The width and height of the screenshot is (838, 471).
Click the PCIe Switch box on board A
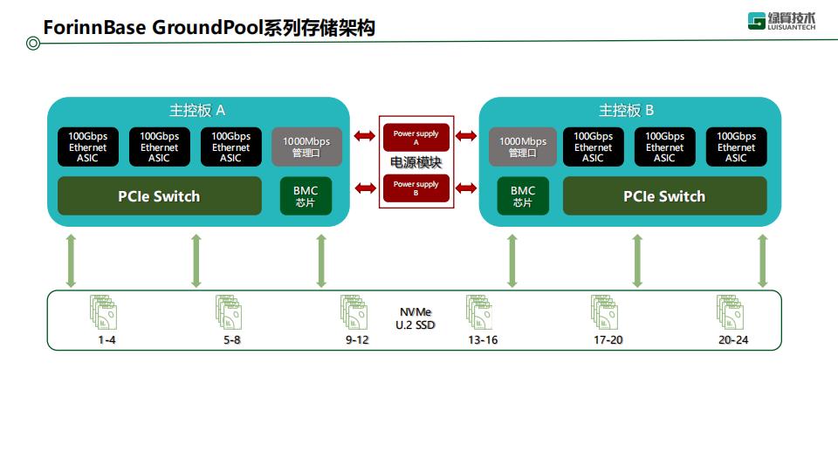(159, 196)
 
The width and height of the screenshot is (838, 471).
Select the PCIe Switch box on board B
(664, 196)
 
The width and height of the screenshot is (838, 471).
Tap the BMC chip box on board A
(306, 196)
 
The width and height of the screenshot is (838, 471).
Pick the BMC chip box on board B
(523, 196)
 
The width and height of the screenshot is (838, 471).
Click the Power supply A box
(416, 137)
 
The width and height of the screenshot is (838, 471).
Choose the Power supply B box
(416, 188)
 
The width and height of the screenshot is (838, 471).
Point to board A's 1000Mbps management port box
(306, 147)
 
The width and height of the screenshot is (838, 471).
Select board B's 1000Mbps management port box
(523, 147)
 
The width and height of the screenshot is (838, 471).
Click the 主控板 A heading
(197, 111)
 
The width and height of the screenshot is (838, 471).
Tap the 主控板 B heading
(626, 111)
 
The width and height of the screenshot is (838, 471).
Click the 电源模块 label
(416, 162)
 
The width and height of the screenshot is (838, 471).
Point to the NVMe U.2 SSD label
(416, 318)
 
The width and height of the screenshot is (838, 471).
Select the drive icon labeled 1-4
(105, 312)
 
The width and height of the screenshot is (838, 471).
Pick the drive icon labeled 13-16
(480, 312)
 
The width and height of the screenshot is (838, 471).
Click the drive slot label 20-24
(733, 340)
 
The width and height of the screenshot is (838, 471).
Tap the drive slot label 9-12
(357, 340)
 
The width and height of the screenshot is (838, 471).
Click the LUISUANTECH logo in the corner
(782, 21)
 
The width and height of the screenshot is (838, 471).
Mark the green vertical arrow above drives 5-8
(196, 261)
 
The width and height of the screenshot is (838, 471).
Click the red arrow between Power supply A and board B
(466, 136)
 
